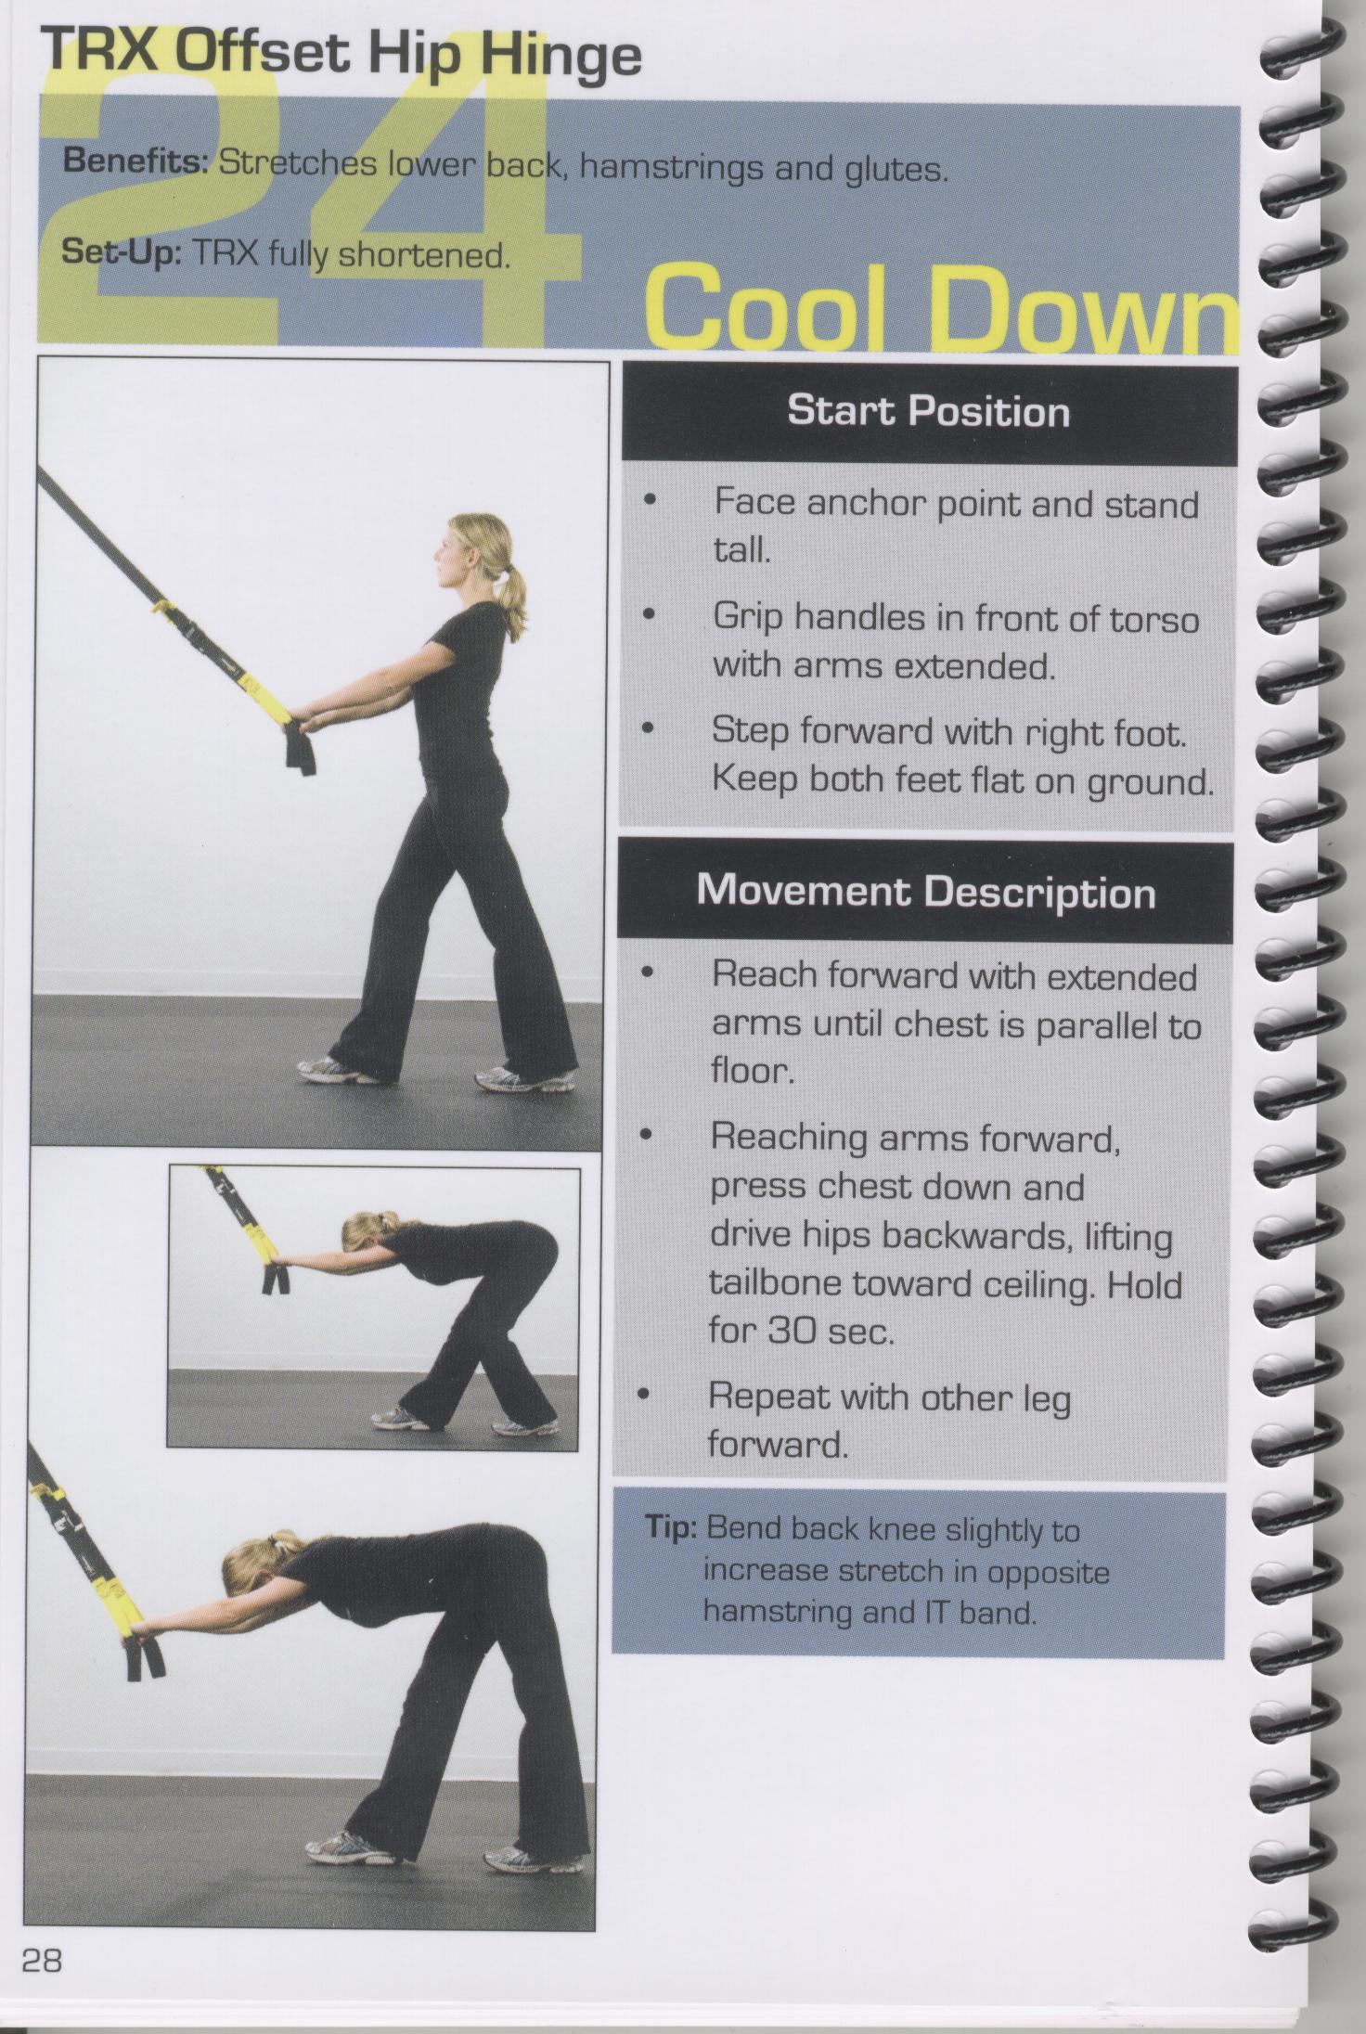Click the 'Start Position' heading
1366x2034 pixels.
[x=928, y=410]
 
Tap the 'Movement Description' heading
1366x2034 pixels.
[x=926, y=892]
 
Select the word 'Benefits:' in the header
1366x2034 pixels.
[x=135, y=164]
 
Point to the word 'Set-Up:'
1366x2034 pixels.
[x=120, y=254]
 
